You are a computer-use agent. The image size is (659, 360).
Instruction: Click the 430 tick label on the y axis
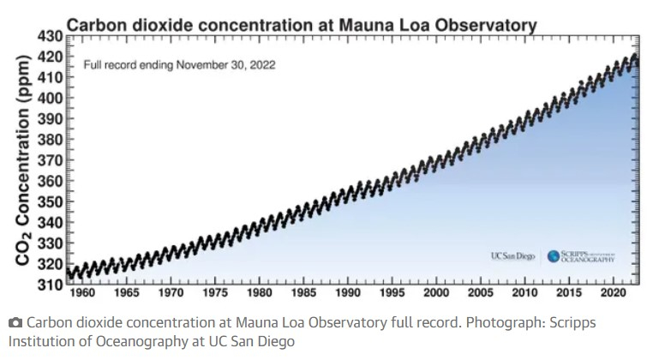[50, 36]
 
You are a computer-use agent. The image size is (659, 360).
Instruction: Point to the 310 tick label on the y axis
[50, 284]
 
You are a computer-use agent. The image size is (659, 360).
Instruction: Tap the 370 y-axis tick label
[50, 159]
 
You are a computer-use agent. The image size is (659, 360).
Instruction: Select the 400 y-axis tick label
[50, 98]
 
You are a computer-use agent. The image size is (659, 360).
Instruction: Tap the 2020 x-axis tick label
[610, 293]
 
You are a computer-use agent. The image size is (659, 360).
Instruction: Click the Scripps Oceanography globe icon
[553, 255]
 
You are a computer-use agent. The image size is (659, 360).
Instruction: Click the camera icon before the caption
[15, 322]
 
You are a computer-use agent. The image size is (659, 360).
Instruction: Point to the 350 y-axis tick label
[50, 201]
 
